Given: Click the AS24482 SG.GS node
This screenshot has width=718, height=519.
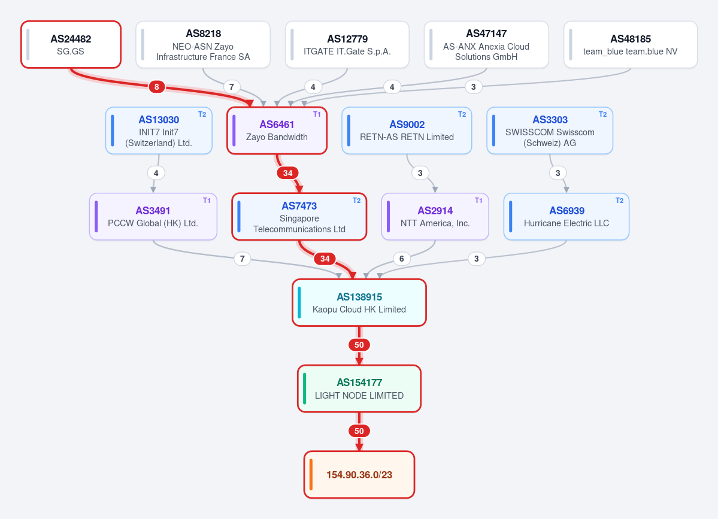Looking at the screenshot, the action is (x=71, y=44).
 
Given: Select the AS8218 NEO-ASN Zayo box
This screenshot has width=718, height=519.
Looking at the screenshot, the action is (x=203, y=44).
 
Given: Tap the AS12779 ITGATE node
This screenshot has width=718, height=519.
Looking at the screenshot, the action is (x=347, y=44).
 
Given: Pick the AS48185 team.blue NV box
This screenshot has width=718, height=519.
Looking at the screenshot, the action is (x=631, y=44).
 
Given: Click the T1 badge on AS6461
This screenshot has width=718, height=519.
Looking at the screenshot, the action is (x=317, y=114).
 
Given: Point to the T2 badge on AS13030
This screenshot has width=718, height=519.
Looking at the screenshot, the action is (x=202, y=114).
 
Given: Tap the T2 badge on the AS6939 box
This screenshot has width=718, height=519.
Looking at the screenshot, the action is (x=620, y=201).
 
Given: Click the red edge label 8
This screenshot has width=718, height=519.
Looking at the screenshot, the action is (x=157, y=86).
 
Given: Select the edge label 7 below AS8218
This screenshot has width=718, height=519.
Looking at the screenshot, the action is (x=232, y=86).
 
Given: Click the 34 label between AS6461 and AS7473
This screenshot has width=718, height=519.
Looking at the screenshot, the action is (x=287, y=173).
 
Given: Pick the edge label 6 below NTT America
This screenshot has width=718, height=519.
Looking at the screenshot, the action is (x=402, y=259).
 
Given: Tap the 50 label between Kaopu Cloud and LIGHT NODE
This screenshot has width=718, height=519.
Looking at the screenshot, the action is (x=359, y=345).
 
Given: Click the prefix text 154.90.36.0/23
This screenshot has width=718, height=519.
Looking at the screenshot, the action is (x=359, y=475).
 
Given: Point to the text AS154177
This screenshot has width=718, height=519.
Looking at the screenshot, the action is (x=359, y=383).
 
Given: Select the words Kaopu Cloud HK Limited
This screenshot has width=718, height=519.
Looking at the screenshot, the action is (x=359, y=309).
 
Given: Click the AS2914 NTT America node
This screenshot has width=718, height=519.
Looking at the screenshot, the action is (x=435, y=217).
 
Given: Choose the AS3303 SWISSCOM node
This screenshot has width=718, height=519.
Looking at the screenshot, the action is (x=550, y=130).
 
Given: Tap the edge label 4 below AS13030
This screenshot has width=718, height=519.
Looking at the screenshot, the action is (x=156, y=173).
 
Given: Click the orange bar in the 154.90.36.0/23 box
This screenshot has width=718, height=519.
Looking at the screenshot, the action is (x=311, y=475).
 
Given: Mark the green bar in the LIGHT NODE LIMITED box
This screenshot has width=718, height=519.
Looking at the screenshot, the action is (x=305, y=389).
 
